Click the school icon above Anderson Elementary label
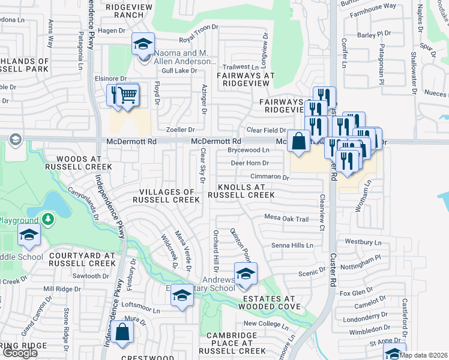click(143, 44)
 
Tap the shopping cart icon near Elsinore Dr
click(127, 94)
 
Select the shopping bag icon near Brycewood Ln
click(298, 142)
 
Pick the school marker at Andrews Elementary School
click(245, 274)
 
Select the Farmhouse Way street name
click(373, 6)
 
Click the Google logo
click(20, 352)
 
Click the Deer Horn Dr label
click(249, 163)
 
